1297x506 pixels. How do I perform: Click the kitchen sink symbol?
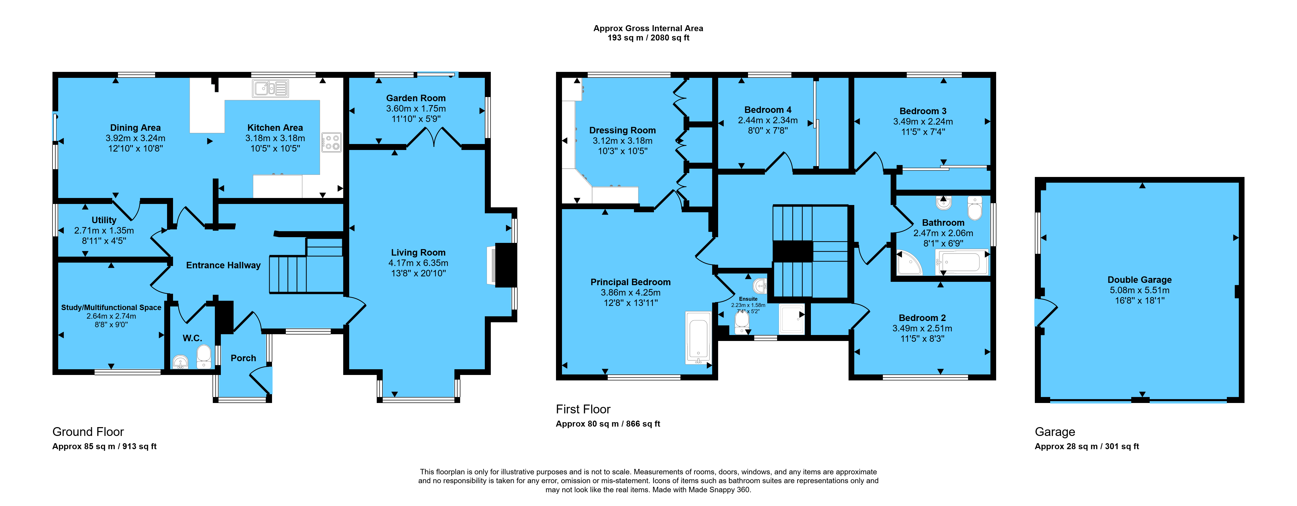pos(270,88)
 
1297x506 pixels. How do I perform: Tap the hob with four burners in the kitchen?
pos(331,142)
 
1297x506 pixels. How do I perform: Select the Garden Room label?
pos(416,98)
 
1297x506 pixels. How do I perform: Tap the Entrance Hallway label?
pos(223,265)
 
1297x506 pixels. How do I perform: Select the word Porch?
pos(243,358)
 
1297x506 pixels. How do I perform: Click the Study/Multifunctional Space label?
pos(111,307)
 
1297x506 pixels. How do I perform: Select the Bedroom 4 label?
pos(768,110)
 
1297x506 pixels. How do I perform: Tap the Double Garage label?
pos(1139,280)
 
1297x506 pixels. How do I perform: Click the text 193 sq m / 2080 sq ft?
pos(648,38)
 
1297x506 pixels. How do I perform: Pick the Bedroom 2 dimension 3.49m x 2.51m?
pos(922,329)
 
